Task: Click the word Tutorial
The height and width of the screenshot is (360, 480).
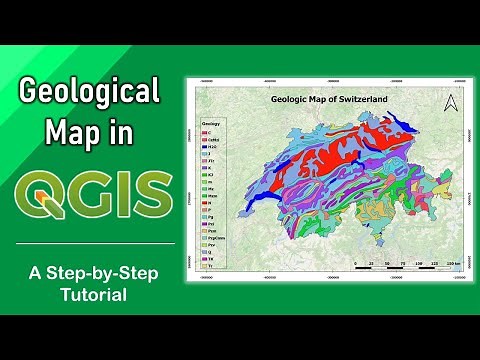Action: tap(91, 296)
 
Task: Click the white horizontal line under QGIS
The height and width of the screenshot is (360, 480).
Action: tap(91, 243)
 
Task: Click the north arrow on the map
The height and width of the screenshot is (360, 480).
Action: tap(450, 101)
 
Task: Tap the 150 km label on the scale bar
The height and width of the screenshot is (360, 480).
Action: tap(452, 267)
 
